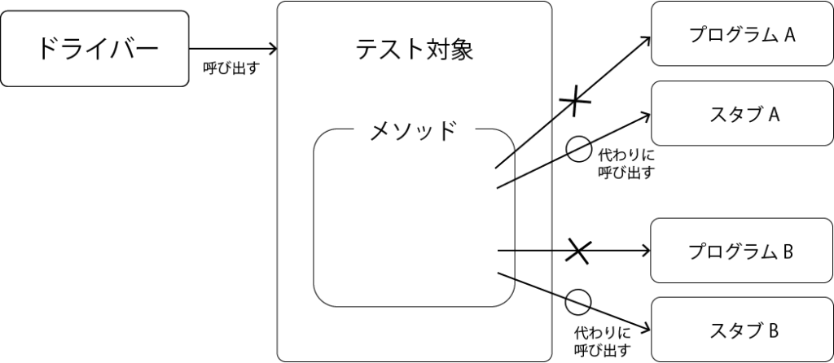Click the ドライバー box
tap(94, 49)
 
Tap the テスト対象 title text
tap(414, 50)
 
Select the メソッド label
tap(413, 130)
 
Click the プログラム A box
tap(741, 34)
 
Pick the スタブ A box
tap(741, 114)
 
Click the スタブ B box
tap(741, 330)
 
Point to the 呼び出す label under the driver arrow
tap(230, 68)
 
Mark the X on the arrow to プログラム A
tap(575, 101)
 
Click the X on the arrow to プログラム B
tap(578, 251)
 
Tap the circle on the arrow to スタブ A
tap(577, 149)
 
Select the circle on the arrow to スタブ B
tap(577, 301)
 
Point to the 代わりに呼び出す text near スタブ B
tap(602, 341)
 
